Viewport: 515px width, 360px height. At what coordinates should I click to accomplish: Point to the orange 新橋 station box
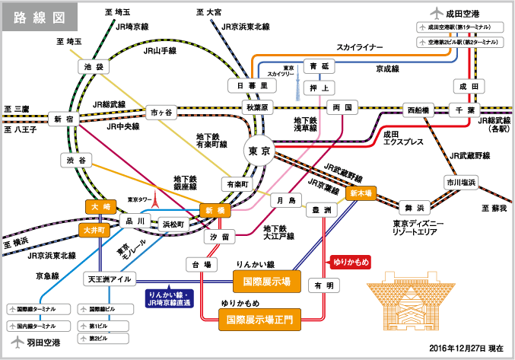pos(214,209)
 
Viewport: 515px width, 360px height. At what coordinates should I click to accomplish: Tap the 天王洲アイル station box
pos(109,280)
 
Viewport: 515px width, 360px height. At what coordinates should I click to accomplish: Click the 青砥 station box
pos(319,66)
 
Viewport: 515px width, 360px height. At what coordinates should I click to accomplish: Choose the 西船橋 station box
pos(417,110)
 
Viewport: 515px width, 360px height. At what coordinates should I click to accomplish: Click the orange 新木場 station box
pos(362,193)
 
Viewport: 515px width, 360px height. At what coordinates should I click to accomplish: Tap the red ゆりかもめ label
pos(351,262)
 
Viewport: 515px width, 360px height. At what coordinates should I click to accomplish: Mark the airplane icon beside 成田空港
pos(436,13)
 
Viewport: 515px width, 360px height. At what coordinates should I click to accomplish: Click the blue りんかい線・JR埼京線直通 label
pos(170,298)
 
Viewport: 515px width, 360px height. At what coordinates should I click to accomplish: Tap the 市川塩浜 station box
pos(460,182)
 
